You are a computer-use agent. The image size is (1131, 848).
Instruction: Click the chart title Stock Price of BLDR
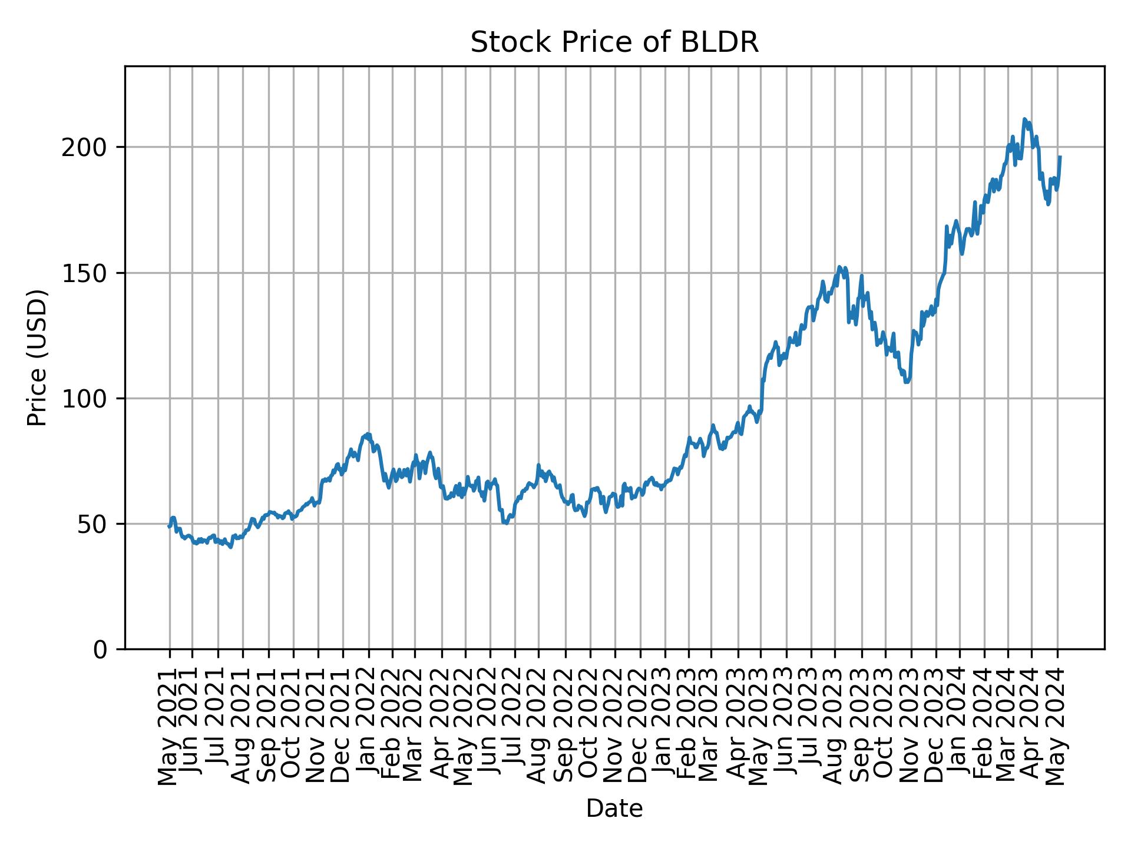point(614,43)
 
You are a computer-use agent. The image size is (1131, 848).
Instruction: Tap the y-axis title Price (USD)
point(37,357)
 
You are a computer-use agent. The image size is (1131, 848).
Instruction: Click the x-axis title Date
point(614,809)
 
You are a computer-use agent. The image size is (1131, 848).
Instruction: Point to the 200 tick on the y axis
point(88,148)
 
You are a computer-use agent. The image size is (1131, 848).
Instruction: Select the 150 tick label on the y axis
point(88,273)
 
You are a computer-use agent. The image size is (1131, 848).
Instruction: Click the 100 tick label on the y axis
point(88,399)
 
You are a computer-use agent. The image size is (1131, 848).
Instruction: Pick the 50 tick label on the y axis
point(95,524)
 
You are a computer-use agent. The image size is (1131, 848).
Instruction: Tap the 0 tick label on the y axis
point(101,650)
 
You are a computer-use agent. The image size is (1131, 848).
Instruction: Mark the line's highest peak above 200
point(1024,119)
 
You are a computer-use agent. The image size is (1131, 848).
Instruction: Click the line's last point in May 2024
point(1060,157)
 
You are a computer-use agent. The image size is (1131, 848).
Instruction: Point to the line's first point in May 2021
point(168,526)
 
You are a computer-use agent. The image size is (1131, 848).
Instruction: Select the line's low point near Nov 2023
point(907,382)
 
